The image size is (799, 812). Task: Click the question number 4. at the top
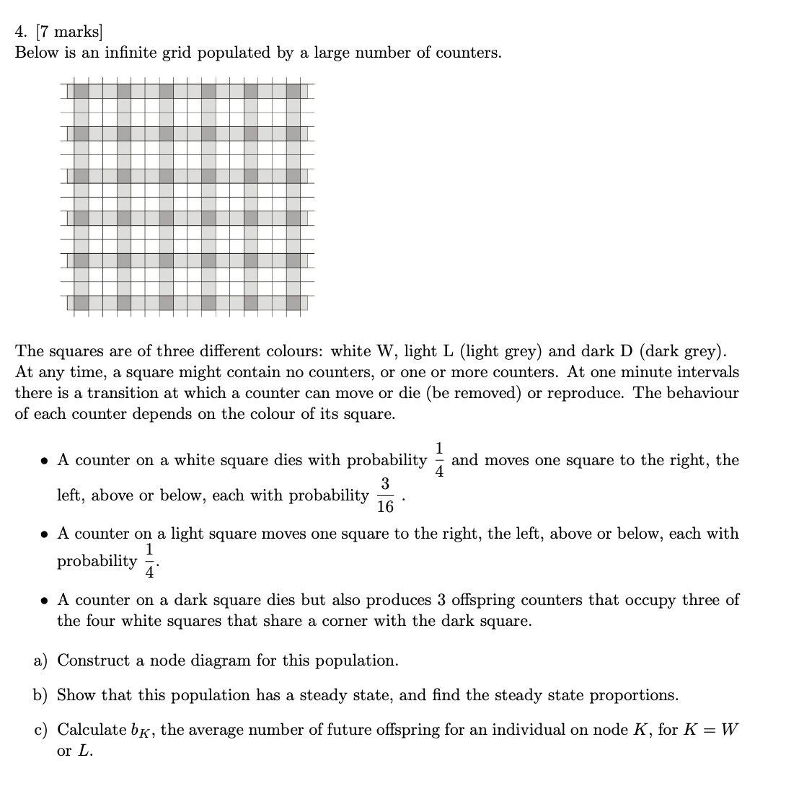click(x=22, y=32)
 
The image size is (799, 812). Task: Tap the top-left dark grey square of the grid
click(x=81, y=92)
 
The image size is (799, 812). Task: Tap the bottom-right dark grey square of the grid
click(x=293, y=302)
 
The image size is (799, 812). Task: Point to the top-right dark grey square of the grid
click(x=293, y=92)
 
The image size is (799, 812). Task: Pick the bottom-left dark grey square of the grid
click(x=81, y=302)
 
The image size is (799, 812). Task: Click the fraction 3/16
click(x=386, y=495)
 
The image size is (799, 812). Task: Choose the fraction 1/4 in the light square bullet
click(x=149, y=561)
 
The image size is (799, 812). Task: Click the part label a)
click(x=41, y=661)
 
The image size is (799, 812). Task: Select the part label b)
click(x=41, y=696)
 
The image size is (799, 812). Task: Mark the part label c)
click(x=41, y=730)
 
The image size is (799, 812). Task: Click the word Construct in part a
click(x=90, y=661)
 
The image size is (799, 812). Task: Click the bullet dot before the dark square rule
click(x=45, y=601)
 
